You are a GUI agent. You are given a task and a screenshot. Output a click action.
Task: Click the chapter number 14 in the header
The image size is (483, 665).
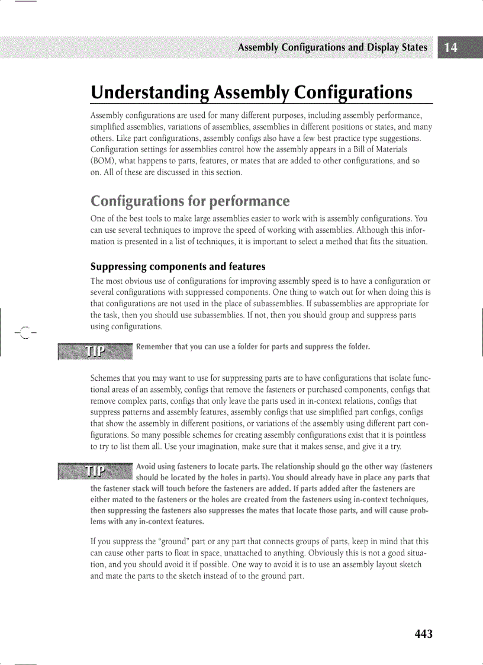pos(451,48)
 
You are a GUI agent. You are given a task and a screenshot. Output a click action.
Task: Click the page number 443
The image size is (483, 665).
pos(423,634)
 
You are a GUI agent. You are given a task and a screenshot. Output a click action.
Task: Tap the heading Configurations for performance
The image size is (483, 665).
pos(190,201)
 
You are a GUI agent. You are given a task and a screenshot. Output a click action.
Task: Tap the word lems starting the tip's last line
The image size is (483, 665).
pos(100,522)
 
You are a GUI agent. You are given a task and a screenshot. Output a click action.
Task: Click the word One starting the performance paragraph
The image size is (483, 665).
pos(98,217)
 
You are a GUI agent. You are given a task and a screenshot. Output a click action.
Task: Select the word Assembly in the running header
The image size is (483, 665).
pos(259,48)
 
